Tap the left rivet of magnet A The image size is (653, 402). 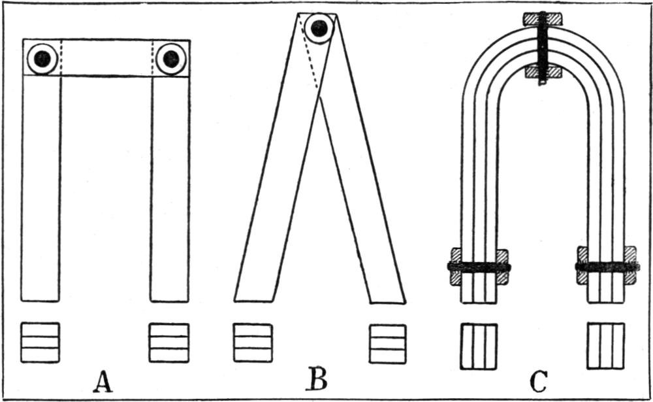[43, 59]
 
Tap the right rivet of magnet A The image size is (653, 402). [171, 59]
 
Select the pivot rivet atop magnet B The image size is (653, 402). [320, 28]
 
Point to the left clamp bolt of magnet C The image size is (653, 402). [479, 267]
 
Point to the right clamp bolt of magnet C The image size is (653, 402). [607, 267]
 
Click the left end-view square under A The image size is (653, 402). [40, 342]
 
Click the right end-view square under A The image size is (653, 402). [169, 342]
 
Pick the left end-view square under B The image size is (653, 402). [253, 342]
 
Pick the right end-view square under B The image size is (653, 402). [388, 342]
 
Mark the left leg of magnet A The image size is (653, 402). [40, 190]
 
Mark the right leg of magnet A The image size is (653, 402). [170, 190]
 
